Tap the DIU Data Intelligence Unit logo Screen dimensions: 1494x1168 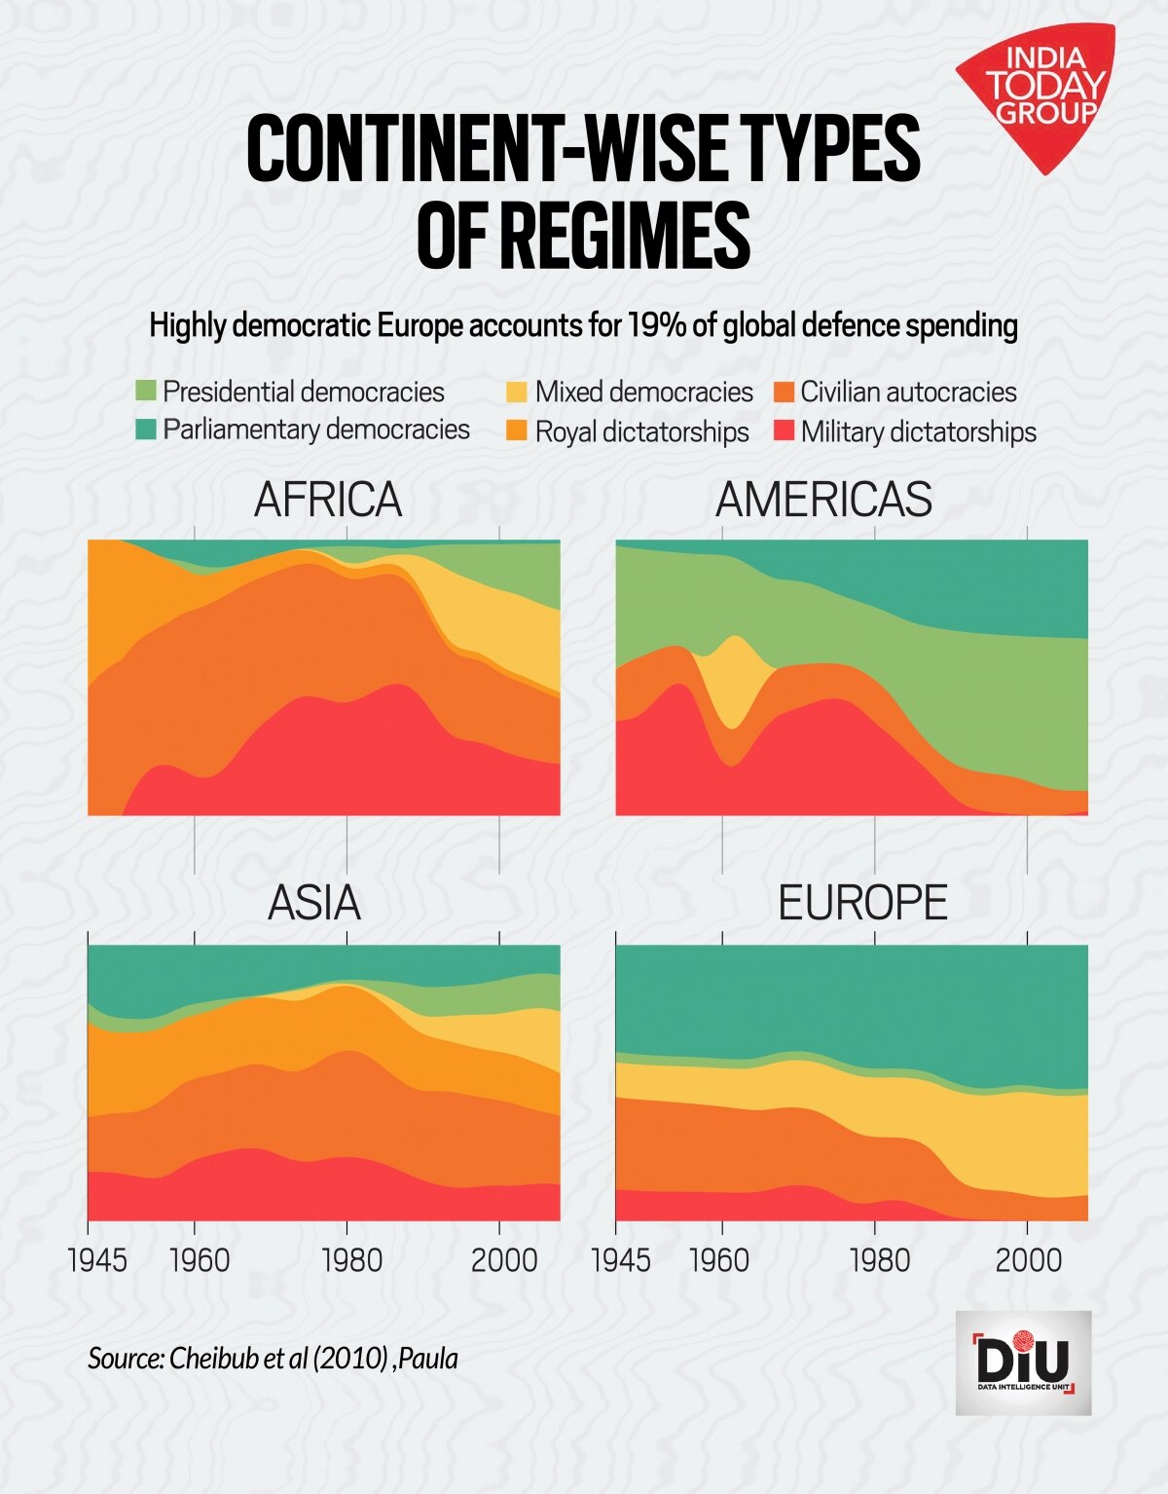pyautogui.click(x=1023, y=1363)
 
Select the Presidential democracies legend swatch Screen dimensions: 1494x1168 pyautogui.click(x=145, y=392)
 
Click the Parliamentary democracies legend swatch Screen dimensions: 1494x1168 pyautogui.click(x=145, y=430)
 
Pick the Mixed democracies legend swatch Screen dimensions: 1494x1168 pyautogui.click(x=517, y=392)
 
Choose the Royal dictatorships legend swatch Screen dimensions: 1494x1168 pyautogui.click(x=517, y=431)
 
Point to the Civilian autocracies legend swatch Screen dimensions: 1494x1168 pyautogui.click(x=784, y=392)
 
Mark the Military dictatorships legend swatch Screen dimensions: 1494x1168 pyautogui.click(x=784, y=431)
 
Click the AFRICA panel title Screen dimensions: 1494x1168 pyautogui.click(x=328, y=501)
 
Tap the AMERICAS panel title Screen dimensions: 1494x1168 pyautogui.click(x=823, y=501)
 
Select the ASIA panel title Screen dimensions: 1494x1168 pyautogui.click(x=314, y=904)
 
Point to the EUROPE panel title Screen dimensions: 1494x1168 pyautogui.click(x=862, y=904)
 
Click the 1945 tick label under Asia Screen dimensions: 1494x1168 pyautogui.click(x=97, y=1259)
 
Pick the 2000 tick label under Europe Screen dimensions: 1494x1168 pyautogui.click(x=1028, y=1259)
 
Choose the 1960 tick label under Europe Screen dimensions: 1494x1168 pyautogui.click(x=719, y=1259)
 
